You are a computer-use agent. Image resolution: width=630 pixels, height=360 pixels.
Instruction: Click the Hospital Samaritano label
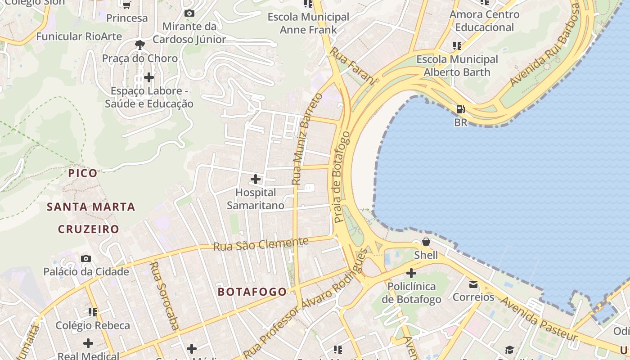[x=255, y=199]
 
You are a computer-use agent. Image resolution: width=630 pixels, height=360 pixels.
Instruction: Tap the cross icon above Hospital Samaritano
[x=255, y=179]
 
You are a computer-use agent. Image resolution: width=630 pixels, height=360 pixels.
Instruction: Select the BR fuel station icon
[x=460, y=109]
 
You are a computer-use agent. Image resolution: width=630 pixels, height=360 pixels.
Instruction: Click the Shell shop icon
[x=426, y=242]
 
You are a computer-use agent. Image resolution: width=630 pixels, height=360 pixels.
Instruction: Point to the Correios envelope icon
[x=473, y=284]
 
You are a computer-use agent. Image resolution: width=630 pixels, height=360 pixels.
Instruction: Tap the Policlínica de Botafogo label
[x=411, y=293]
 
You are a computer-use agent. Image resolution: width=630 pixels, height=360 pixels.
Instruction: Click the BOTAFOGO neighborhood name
[x=252, y=292]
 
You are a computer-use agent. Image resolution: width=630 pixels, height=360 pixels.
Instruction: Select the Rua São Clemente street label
[x=261, y=244]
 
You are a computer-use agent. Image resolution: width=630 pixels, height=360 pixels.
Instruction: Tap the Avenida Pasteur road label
[x=539, y=319]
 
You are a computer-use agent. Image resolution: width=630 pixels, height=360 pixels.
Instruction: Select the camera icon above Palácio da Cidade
[x=85, y=259]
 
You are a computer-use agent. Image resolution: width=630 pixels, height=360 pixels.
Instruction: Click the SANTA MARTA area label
[x=91, y=207]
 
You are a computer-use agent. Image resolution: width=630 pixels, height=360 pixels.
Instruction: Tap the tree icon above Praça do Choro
[x=139, y=45]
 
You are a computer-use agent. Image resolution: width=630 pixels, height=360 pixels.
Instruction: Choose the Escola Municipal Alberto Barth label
[x=457, y=66]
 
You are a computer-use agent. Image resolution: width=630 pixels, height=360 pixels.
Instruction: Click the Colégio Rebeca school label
[x=93, y=325]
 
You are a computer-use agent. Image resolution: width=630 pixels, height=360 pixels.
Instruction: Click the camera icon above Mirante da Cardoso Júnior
[x=189, y=13]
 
